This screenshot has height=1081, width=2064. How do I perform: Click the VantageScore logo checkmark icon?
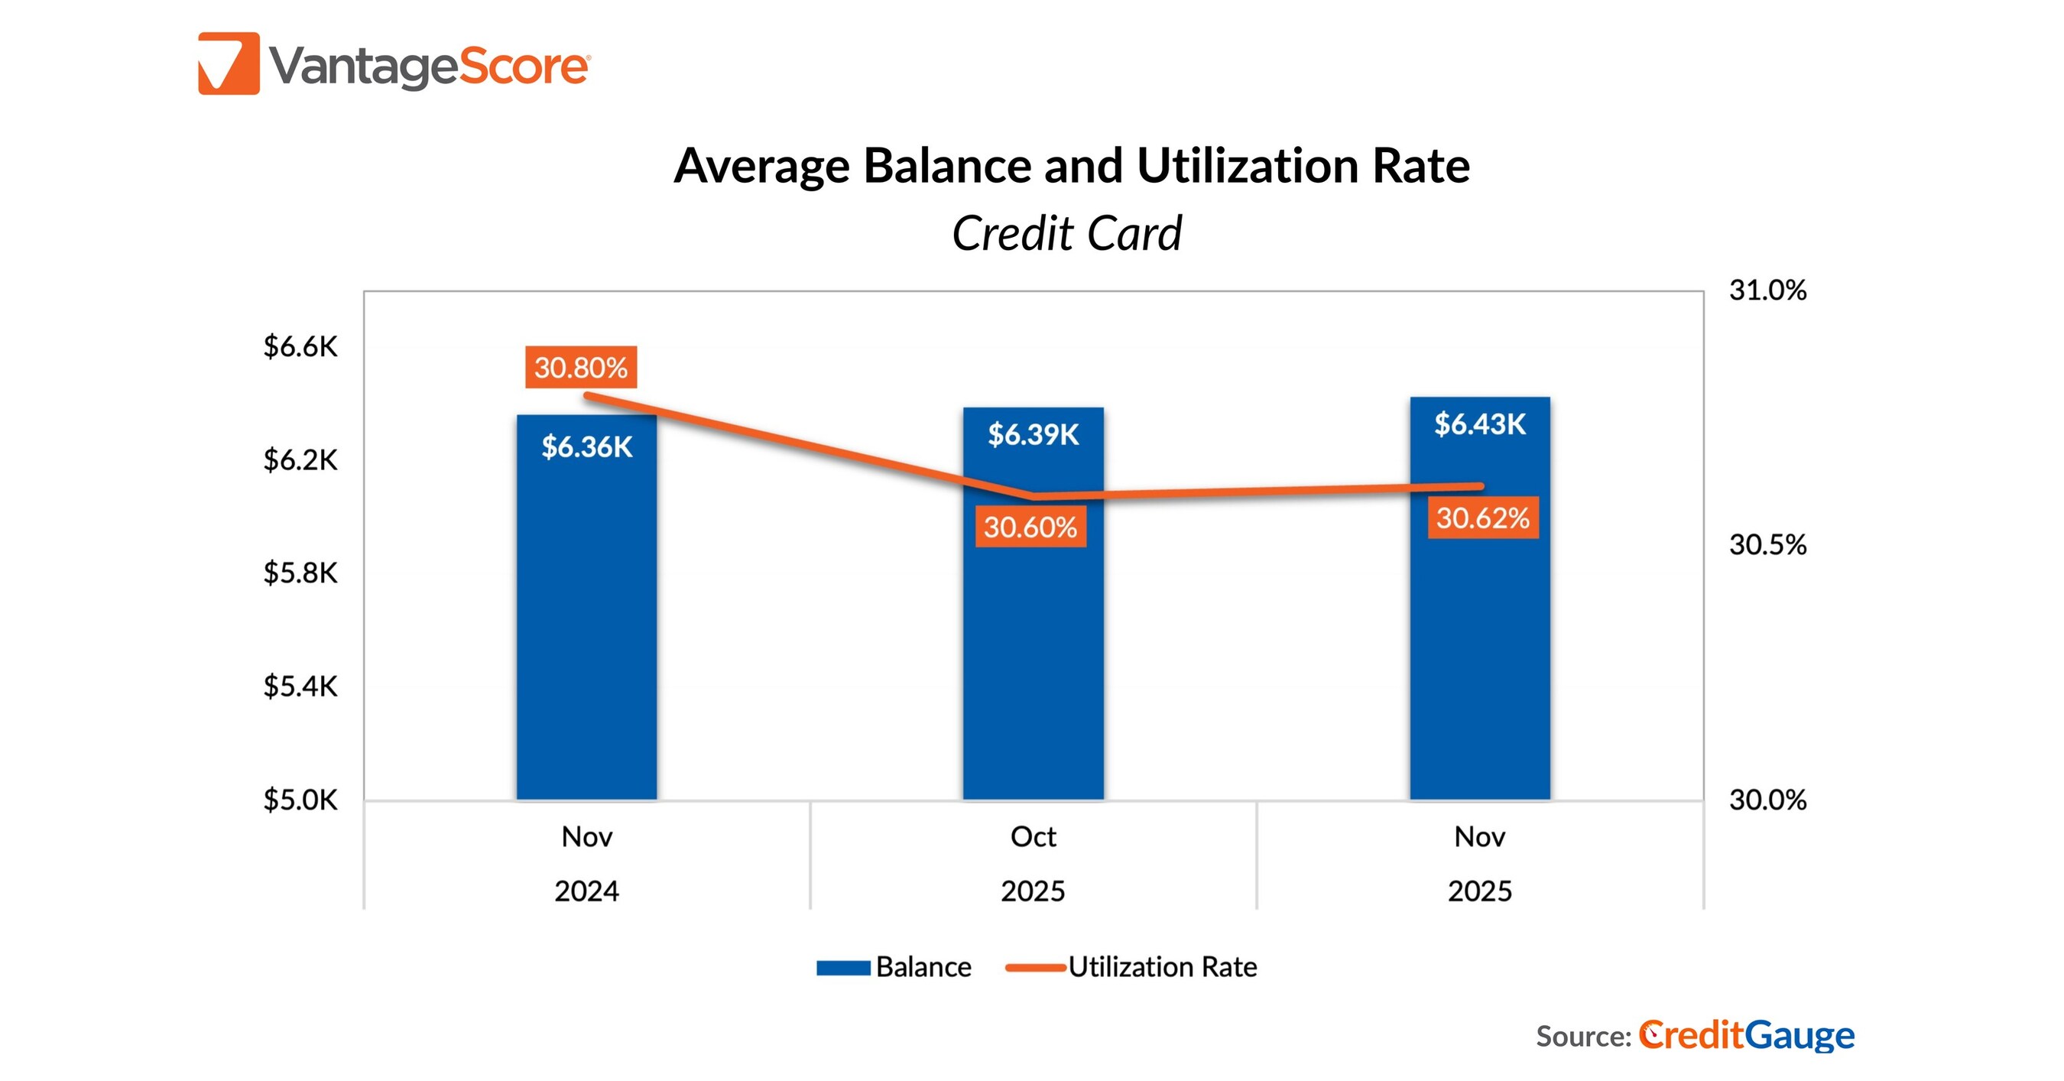(x=229, y=63)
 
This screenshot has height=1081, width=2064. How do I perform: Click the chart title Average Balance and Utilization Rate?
(x=1071, y=166)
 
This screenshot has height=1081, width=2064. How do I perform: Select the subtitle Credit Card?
(x=1066, y=233)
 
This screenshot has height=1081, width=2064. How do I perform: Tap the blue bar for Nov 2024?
(x=586, y=641)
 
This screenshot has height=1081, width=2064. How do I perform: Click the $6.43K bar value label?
(x=1479, y=424)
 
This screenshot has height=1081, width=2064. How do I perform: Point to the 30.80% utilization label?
(x=581, y=368)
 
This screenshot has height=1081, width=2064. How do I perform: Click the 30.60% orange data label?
(x=1030, y=527)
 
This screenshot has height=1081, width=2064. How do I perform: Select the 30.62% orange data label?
(x=1482, y=518)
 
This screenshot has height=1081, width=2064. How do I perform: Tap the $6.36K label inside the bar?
(x=586, y=446)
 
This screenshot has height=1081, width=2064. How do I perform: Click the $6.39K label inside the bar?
(x=1033, y=434)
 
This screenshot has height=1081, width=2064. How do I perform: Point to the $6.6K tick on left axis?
(x=300, y=347)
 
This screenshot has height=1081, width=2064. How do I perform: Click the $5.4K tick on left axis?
(x=300, y=687)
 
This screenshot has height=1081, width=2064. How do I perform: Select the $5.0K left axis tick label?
(x=300, y=800)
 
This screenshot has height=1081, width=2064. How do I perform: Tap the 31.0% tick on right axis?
(x=1767, y=290)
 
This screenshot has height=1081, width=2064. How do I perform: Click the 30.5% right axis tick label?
(x=1767, y=545)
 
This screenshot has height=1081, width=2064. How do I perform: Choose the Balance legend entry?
(x=894, y=967)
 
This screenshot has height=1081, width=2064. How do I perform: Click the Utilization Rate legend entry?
(x=1131, y=967)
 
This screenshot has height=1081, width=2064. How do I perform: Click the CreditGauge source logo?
(x=1746, y=1035)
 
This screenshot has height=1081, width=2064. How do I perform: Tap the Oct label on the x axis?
(x=1033, y=836)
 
